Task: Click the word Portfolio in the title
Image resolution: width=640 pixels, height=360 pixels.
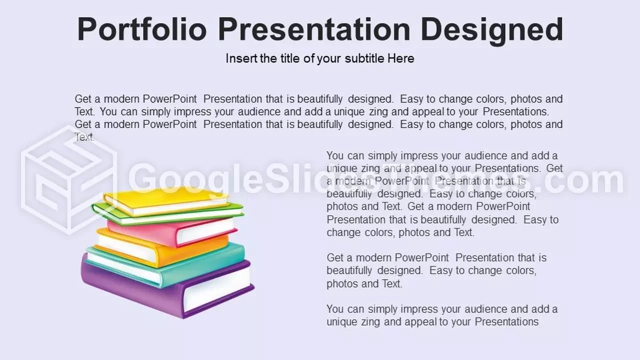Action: pos(142,29)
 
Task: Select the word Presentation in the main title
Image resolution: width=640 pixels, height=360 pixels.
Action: pos(314,29)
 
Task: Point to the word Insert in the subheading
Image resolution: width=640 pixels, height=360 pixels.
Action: pos(241,58)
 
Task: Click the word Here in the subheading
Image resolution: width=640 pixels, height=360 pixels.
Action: pos(401,58)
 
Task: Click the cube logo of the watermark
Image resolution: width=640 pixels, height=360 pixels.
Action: pos(68,180)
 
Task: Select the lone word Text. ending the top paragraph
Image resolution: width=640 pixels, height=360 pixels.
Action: pos(84,137)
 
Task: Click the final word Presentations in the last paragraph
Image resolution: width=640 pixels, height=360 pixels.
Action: pos(506,321)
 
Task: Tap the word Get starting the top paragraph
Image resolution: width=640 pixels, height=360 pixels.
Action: pos(83,99)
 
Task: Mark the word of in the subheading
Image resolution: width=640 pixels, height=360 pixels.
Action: pos(309,58)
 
